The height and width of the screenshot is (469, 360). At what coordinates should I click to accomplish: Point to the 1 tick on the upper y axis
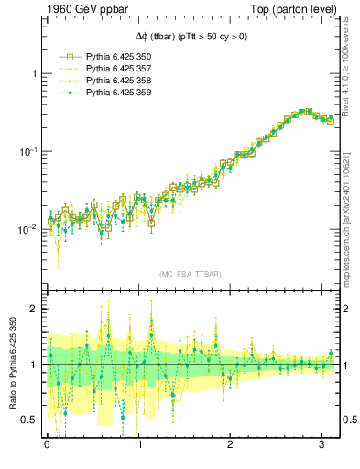click(35, 73)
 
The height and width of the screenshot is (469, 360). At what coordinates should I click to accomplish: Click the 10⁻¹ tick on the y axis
click(29, 151)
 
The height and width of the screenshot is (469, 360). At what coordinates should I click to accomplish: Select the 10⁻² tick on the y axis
click(29, 229)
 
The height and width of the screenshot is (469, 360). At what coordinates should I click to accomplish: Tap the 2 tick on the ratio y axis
click(35, 309)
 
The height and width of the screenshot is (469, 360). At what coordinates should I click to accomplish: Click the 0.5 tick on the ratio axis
click(31, 420)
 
